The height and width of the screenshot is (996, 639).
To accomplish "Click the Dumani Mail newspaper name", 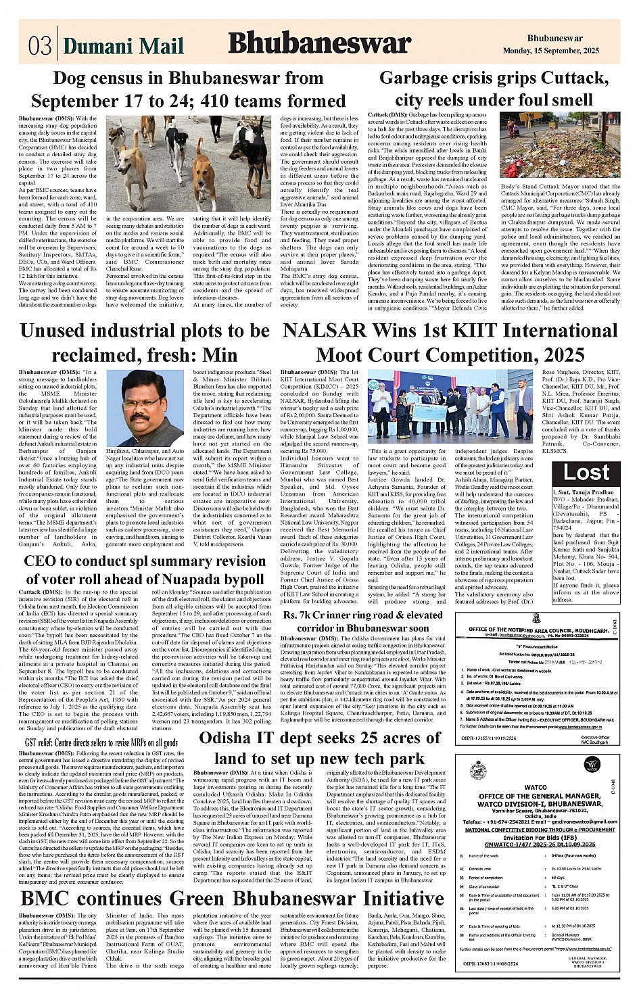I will click(x=123, y=46).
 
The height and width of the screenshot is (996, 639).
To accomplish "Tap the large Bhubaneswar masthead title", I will click(x=319, y=43).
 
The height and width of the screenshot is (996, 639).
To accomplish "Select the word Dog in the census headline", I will click(x=68, y=78).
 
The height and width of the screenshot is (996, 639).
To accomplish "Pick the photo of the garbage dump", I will click(x=559, y=147).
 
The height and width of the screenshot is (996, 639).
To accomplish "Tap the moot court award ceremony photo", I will click(x=450, y=403).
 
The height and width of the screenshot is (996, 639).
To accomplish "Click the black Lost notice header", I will click(x=586, y=473).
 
